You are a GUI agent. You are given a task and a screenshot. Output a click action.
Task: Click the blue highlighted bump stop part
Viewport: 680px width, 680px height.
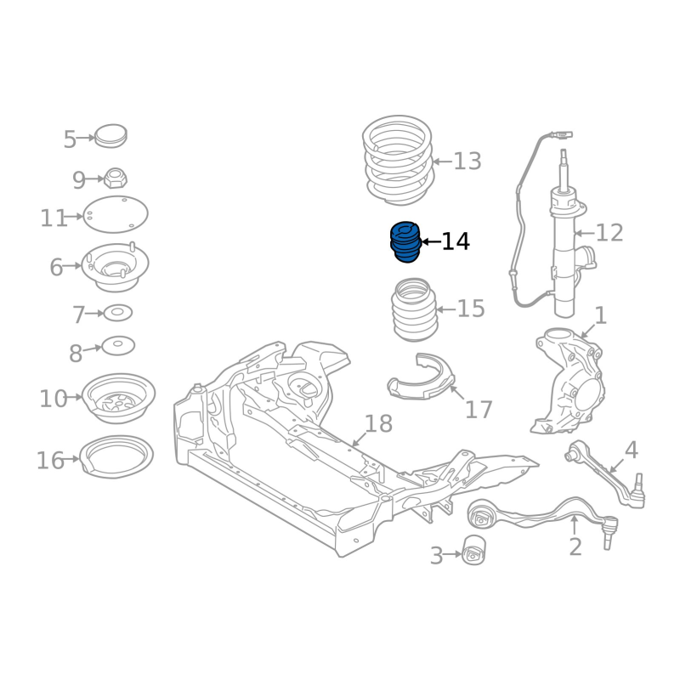point(405,242)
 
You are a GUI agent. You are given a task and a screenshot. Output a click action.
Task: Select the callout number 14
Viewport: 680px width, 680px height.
point(456,241)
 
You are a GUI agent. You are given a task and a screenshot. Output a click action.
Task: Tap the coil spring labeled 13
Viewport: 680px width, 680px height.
point(398,160)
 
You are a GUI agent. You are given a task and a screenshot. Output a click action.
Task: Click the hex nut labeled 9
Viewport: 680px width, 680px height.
point(115,178)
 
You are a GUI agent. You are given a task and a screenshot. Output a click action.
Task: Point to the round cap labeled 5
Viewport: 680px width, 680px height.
point(110,136)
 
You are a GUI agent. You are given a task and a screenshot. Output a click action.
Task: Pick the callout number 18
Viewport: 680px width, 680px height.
point(378,423)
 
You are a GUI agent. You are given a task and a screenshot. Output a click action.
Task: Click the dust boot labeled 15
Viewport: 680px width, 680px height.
point(415,309)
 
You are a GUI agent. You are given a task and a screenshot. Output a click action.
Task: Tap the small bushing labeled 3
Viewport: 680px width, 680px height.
point(473,550)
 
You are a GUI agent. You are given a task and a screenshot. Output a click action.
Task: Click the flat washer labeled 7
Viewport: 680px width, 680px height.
point(117,313)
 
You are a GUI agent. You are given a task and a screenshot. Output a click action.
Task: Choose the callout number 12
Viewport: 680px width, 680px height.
point(609,233)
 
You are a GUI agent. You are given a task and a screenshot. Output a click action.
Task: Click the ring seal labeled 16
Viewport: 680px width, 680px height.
point(116,456)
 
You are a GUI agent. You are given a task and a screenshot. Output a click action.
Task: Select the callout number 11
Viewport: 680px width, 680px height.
point(54,218)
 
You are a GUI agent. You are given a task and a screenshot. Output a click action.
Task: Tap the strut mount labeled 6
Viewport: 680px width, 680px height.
point(115,266)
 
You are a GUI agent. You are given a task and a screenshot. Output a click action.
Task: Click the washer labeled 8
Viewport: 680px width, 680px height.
point(118,346)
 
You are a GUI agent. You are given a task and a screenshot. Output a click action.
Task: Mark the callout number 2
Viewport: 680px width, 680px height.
point(575,547)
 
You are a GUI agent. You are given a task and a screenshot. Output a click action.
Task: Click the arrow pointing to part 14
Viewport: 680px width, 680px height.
point(431,241)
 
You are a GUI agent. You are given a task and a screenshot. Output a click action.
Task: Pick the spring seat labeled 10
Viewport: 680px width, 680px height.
point(118,398)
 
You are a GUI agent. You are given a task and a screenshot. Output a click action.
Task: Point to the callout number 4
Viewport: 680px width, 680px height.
point(631,450)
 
